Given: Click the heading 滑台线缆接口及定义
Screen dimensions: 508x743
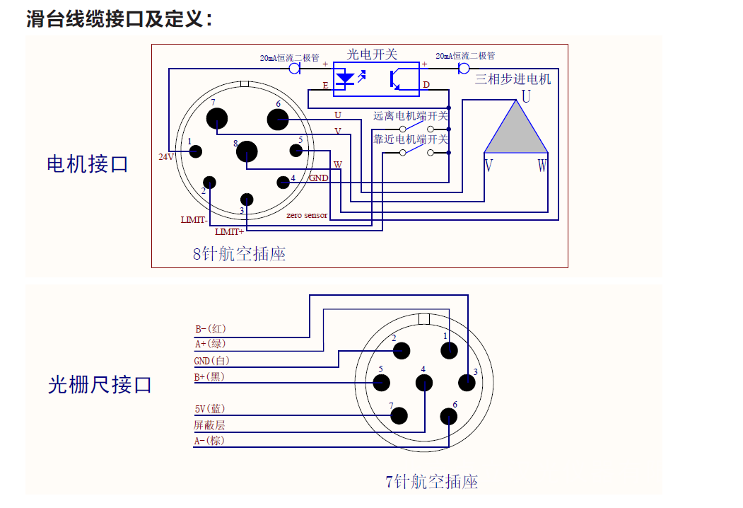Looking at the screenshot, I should coord(119,19).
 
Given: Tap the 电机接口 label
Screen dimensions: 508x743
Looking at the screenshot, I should coord(87,165).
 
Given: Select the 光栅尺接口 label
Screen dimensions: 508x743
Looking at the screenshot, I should coord(100,385).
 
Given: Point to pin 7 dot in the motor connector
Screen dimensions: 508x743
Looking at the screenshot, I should coord(218,118).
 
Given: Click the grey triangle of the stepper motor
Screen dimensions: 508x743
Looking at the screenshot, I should coord(516,134).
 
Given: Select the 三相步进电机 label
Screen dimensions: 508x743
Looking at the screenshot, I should coord(513,79).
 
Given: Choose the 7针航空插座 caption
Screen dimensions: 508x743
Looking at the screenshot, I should coord(431,483).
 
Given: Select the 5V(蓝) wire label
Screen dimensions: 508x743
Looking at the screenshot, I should coord(209,409).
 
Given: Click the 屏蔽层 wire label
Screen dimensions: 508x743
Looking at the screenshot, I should coord(209,425).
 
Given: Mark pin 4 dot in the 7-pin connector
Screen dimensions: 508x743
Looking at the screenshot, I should coord(424,383).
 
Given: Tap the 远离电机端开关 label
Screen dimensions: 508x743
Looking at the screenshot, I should coord(411,116).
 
